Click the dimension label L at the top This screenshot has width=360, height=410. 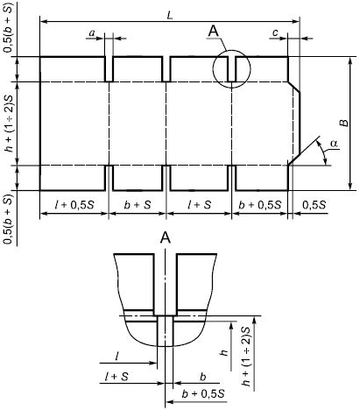tap(170, 16)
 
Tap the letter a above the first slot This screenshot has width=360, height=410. tap(92, 33)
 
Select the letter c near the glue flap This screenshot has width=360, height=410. tap(275, 33)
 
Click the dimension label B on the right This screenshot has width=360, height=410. tap(345, 123)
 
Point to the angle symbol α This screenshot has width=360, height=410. tap(335, 144)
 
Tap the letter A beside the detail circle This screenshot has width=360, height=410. tap(214, 31)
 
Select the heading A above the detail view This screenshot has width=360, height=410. tap(166, 238)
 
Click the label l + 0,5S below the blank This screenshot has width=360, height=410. tap(74, 205)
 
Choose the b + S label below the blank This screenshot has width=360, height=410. tap(138, 205)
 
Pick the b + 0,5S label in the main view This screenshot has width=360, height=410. tap(259, 205)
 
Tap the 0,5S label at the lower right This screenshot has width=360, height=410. tap(314, 205)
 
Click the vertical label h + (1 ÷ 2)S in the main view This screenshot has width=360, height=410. tap(10, 124)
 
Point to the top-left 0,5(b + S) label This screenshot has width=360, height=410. tap(9, 28)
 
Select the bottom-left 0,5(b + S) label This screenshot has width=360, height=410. tap(9, 219)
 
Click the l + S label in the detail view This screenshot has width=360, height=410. tap(116, 377)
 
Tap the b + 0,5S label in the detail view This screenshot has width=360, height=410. tap(203, 394)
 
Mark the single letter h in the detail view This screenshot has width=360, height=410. tap(224, 352)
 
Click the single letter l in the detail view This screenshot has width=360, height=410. tap(116, 357)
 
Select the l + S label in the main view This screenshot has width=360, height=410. tap(199, 205)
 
